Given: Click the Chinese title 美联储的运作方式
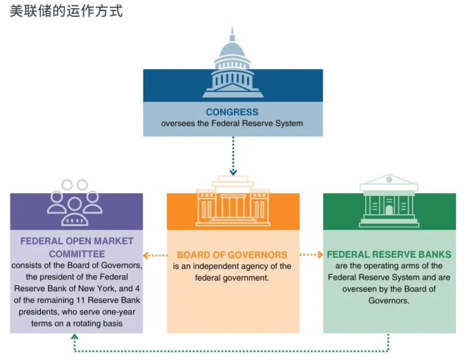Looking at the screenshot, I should tap(66, 11).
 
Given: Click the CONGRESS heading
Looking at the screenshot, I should tap(232, 112).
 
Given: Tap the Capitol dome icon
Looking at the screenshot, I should tap(232, 64).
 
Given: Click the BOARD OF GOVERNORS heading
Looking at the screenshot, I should tap(232, 255).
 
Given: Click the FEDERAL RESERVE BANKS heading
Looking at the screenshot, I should tap(389, 255).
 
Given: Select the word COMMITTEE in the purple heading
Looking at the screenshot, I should tap(77, 254).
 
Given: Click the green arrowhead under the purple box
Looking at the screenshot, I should tap(74, 338).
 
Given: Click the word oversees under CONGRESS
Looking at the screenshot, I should tap(179, 123).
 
